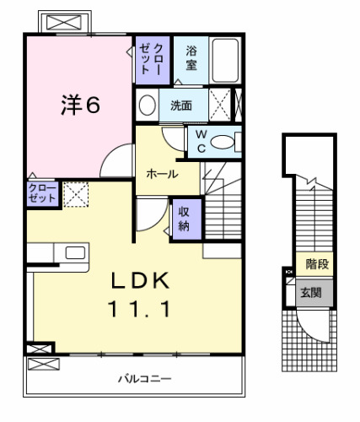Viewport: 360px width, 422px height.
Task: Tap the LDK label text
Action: click(142, 281)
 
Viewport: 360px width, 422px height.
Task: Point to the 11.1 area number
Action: click(141, 310)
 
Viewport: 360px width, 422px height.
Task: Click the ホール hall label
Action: click(161, 173)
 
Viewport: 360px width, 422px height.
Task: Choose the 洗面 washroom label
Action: click(180, 105)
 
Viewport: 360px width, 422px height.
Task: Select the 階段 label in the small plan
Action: click(317, 265)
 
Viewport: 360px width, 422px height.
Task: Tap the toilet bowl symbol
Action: click(224, 143)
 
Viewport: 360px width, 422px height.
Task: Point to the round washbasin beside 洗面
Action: click(147, 105)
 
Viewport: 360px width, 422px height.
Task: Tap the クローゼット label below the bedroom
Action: click(41, 192)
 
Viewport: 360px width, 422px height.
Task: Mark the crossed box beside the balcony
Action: click(42, 365)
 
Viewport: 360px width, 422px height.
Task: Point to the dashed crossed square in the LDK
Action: click(76, 194)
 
